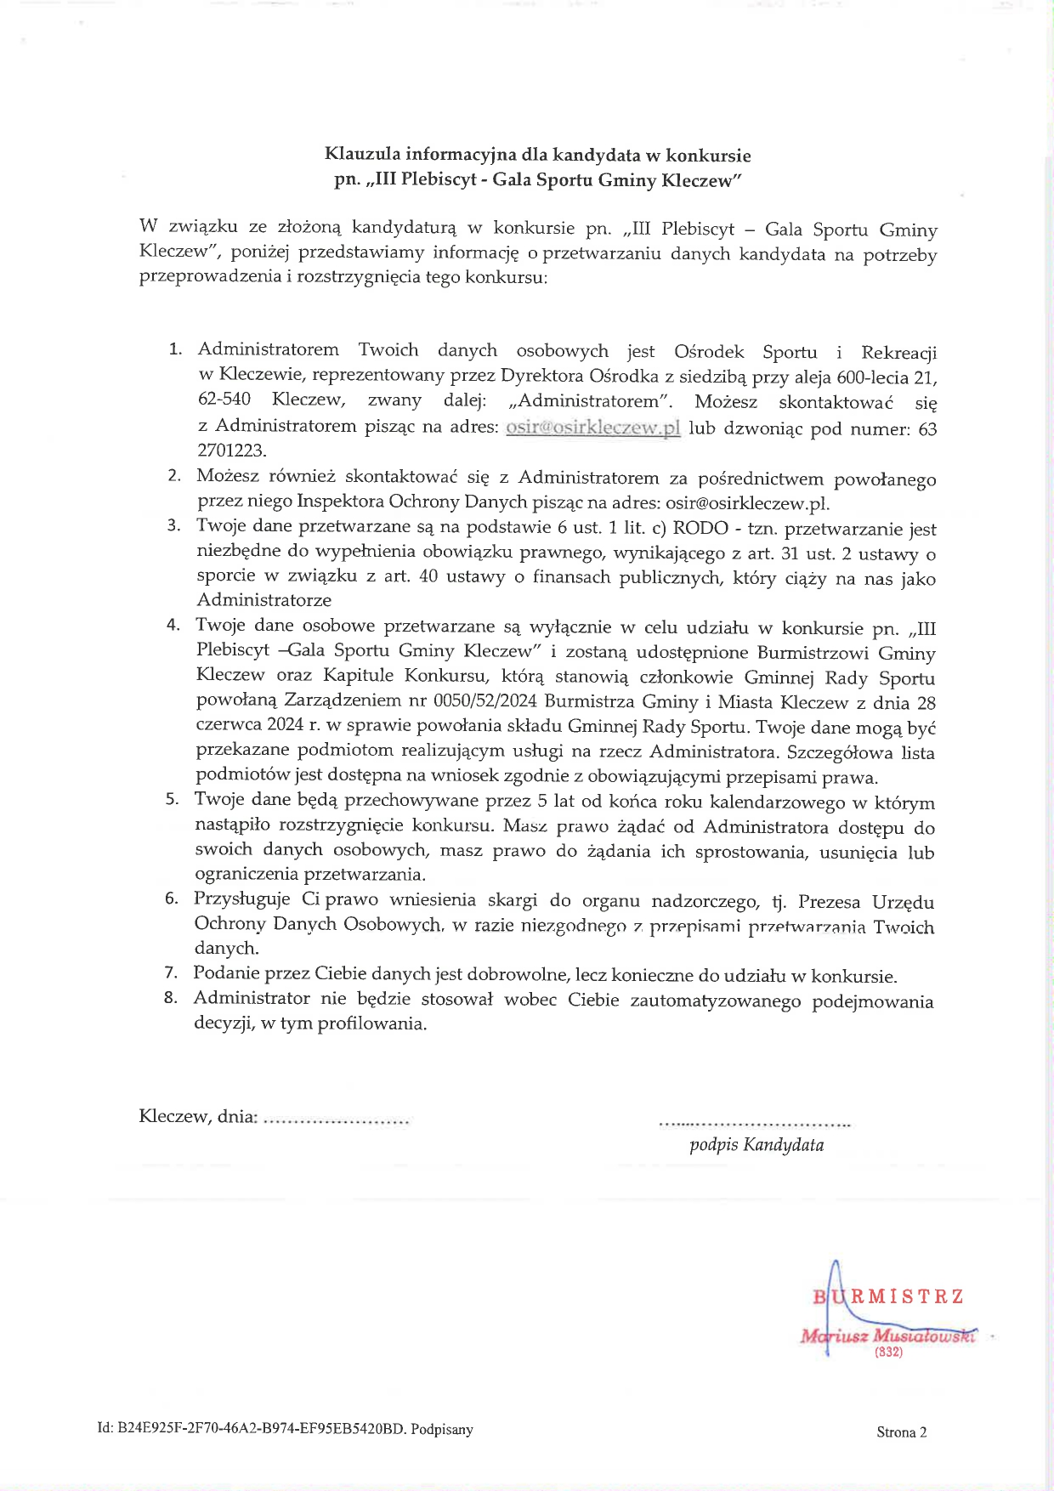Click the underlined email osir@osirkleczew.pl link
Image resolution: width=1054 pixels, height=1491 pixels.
pyautogui.click(x=592, y=428)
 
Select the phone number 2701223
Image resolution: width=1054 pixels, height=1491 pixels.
pyautogui.click(x=231, y=451)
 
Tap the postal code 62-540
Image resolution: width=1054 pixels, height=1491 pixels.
pyautogui.click(x=224, y=400)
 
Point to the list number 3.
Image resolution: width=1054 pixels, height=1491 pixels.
pyautogui.click(x=173, y=525)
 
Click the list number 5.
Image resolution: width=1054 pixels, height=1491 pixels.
pyautogui.click(x=172, y=799)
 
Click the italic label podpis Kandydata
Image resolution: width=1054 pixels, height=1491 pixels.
pyautogui.click(x=756, y=1145)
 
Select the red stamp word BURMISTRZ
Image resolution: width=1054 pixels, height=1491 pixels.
pyautogui.click(x=888, y=1297)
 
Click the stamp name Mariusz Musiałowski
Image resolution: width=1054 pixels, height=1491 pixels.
pyautogui.click(x=888, y=1335)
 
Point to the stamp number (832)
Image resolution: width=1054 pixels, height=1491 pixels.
pyautogui.click(x=888, y=1352)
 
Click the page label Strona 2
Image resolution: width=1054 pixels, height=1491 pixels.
pyautogui.click(x=901, y=1432)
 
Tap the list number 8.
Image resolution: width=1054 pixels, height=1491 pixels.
pyautogui.click(x=171, y=998)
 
